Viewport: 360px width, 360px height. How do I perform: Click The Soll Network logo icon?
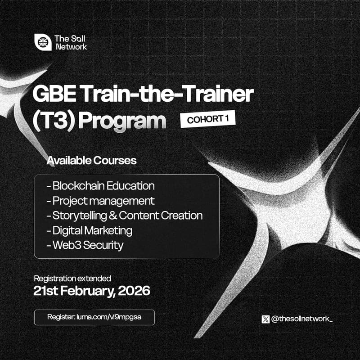pos(42,42)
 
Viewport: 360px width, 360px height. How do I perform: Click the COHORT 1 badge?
pos(207,120)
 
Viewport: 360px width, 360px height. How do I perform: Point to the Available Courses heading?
pos(91,160)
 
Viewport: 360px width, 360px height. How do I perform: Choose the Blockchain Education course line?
pos(100,185)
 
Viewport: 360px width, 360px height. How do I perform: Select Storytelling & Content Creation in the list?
pos(124,216)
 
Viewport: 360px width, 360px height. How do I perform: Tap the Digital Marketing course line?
pos(89,230)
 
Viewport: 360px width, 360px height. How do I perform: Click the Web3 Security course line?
pos(85,245)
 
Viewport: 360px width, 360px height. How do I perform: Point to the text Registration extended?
pos(72,278)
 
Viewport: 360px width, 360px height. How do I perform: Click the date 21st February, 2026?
pos(92,291)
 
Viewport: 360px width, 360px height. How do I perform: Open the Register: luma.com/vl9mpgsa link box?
pos(94,317)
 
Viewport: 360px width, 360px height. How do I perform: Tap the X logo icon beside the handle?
pos(265,319)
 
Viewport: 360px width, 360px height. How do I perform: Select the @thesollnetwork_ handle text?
pos(301,319)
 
